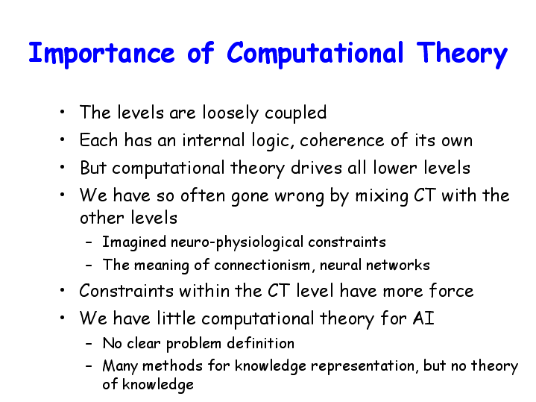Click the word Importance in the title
click(102, 54)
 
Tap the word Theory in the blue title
click(461, 54)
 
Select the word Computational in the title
click(315, 54)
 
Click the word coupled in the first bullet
click(296, 113)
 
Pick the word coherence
click(342, 140)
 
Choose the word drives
click(316, 168)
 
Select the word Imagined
click(134, 242)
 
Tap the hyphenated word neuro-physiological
click(237, 242)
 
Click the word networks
click(397, 266)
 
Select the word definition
click(260, 343)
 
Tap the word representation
click(364, 367)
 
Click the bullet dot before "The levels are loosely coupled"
click(62, 112)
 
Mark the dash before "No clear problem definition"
click(89, 344)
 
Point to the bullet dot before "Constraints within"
click(62, 290)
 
